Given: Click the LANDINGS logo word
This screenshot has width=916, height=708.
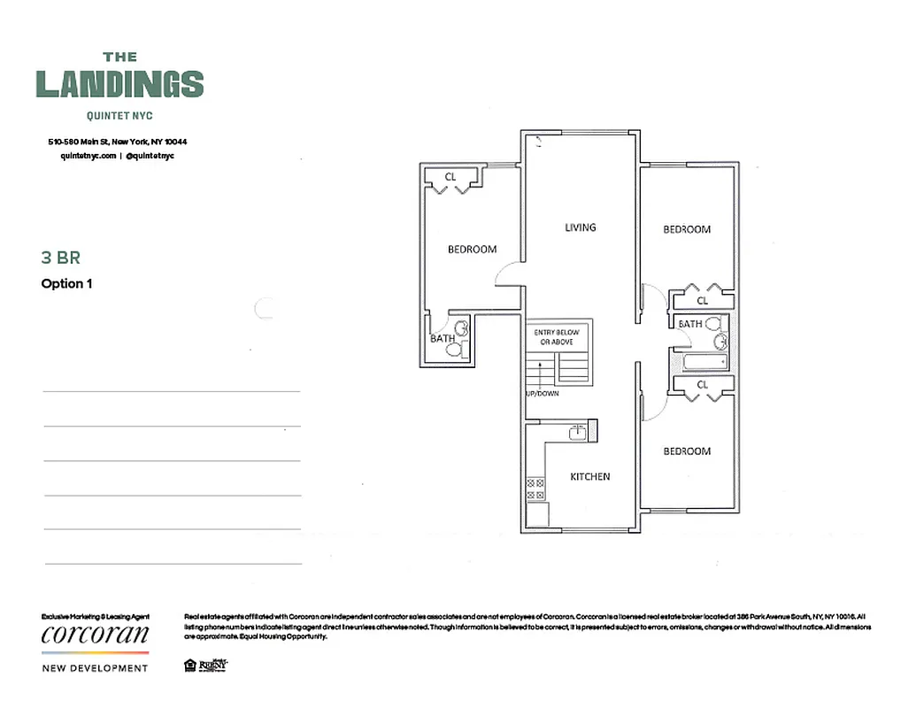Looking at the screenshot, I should (x=119, y=84).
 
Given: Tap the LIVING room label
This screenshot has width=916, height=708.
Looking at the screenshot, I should (x=581, y=227).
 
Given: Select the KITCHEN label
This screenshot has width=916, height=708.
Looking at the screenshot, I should (x=589, y=477).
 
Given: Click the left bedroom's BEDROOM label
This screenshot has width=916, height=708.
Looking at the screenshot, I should (x=472, y=250).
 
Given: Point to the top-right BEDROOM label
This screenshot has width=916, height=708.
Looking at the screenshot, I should (x=687, y=230).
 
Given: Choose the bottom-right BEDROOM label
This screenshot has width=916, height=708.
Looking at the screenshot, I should (x=687, y=451).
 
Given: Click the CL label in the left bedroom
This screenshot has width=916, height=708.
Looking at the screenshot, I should (x=450, y=177).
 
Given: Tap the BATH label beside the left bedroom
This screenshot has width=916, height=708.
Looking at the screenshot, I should (x=443, y=338).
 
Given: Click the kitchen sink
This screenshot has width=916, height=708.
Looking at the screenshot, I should (x=577, y=432).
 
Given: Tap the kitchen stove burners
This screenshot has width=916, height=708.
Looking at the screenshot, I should (x=535, y=489).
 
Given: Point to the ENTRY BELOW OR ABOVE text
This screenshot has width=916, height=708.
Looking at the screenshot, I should (x=555, y=337).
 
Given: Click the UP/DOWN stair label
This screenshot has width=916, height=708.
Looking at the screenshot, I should (x=542, y=393).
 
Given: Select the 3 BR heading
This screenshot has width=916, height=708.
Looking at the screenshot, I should (x=61, y=258).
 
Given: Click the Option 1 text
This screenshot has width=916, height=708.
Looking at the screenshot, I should (x=67, y=284).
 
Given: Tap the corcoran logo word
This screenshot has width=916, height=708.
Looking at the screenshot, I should (x=96, y=635).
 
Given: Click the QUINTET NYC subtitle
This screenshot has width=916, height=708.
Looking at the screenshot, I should (x=119, y=115).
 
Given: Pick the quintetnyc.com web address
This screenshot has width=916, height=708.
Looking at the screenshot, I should (x=88, y=155).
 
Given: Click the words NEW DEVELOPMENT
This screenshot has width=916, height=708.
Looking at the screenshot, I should (x=96, y=668).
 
